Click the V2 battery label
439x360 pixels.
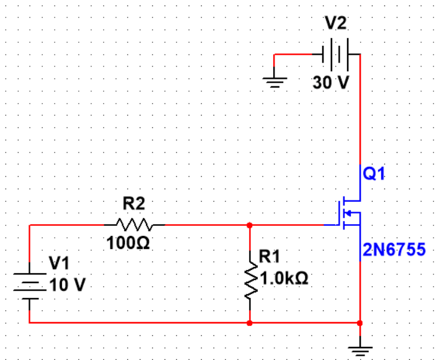pyautogui.click(x=337, y=23)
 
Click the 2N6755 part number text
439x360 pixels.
pyautogui.click(x=395, y=250)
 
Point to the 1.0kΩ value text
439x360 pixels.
pyautogui.click(x=285, y=278)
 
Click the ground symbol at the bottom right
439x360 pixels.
pyautogui.click(x=360, y=348)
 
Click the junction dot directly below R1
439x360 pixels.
pyautogui.click(x=250, y=323)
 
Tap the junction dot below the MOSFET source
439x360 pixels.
pyautogui.click(x=360, y=323)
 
